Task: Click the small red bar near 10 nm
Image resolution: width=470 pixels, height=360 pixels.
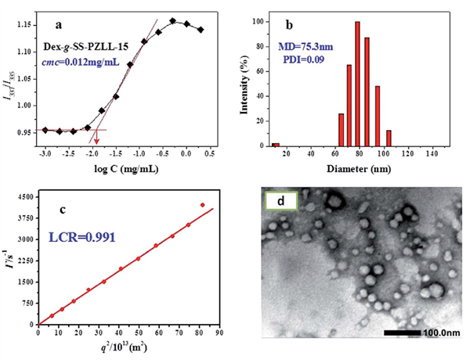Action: pos(276,144)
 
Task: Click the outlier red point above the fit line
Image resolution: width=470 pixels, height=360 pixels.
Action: pos(203,205)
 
